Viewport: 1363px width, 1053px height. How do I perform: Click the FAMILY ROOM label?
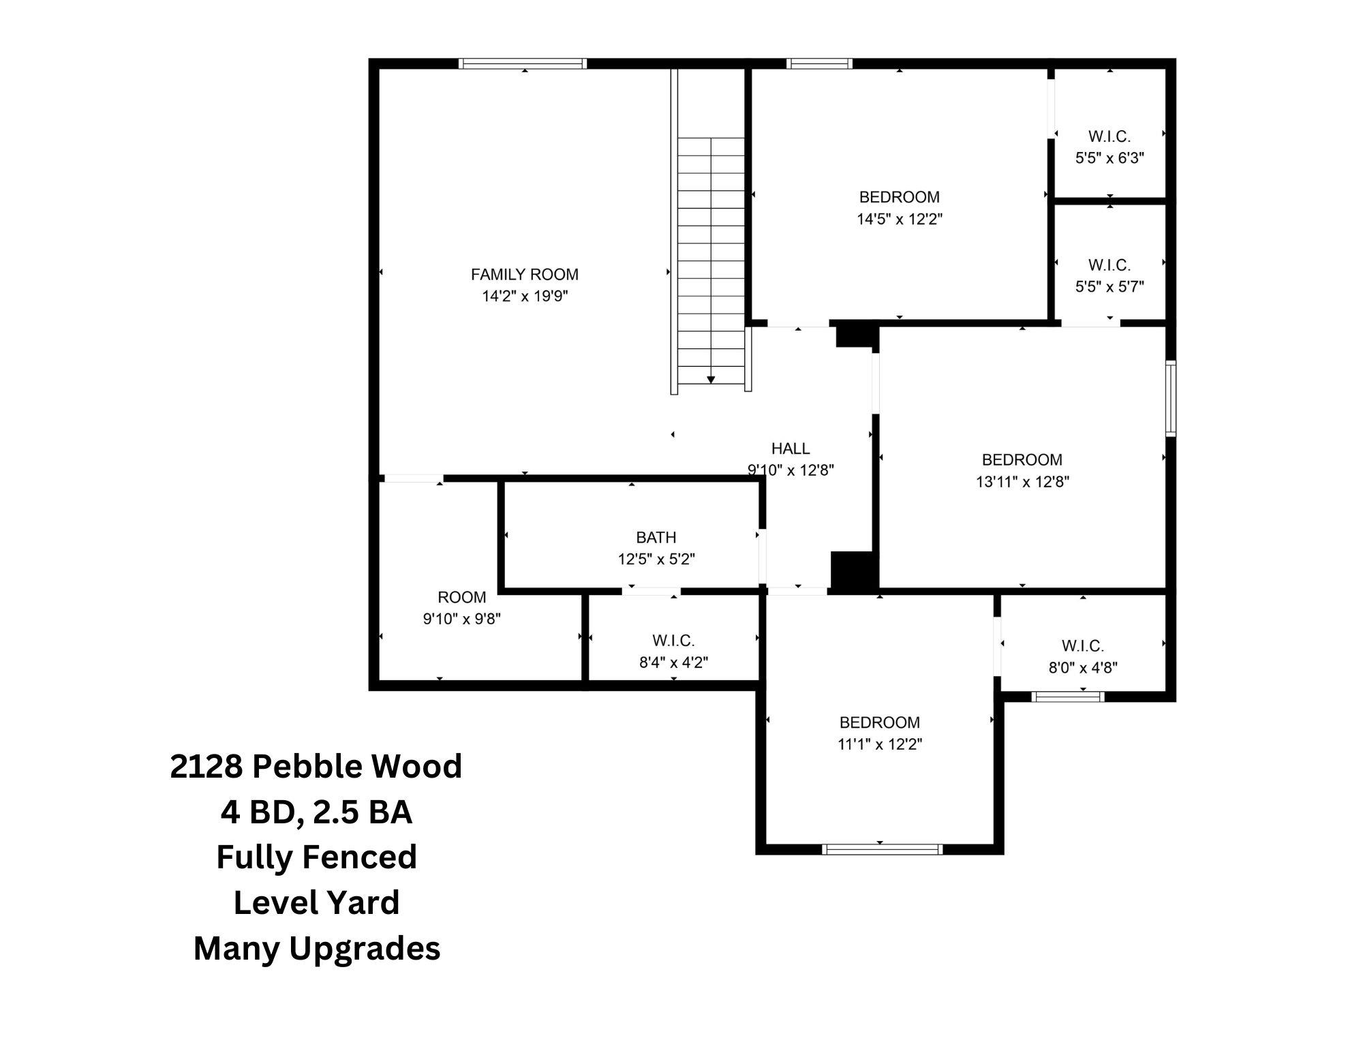pos(524,274)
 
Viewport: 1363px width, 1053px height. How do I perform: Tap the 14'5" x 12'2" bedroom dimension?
pos(899,219)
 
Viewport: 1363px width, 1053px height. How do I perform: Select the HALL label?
pos(790,448)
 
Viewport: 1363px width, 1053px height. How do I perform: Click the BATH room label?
pos(656,537)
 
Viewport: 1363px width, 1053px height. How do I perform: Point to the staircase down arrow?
pos(711,379)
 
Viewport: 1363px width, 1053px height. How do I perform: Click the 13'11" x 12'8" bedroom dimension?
pos(1022,482)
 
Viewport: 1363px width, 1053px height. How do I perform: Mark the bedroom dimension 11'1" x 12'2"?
pos(879,744)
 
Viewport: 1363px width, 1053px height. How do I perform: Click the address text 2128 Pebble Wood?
pos(316,766)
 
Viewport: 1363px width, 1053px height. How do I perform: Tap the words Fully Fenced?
pos(316,857)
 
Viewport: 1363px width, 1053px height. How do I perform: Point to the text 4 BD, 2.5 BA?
pos(316,812)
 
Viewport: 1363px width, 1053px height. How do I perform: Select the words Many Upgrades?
pos(316,948)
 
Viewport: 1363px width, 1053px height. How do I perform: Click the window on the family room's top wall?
pos(522,63)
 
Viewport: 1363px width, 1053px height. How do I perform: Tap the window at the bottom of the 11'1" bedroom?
pos(882,849)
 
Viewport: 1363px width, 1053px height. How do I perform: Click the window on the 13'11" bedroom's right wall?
pos(1170,399)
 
